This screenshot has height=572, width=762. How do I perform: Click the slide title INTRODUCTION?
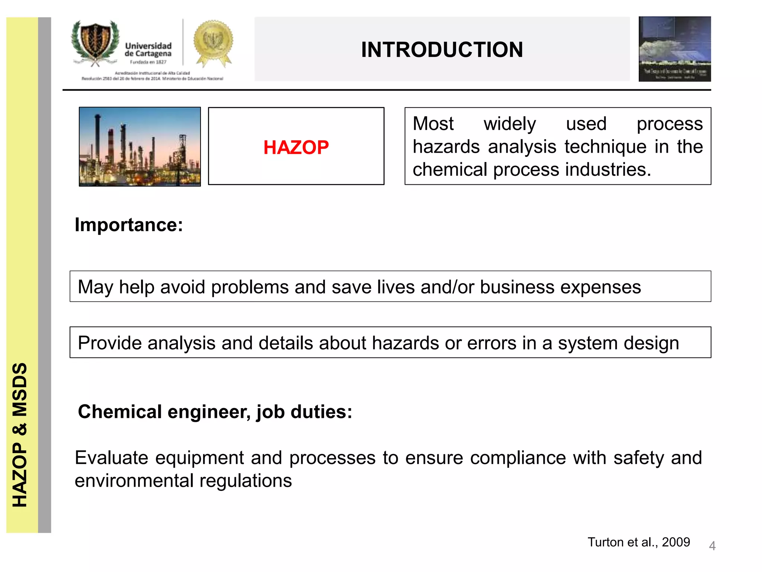442,50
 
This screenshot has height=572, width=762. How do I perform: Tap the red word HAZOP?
296,147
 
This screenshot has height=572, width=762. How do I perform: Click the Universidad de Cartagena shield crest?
96,42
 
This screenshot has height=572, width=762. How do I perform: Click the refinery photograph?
140,147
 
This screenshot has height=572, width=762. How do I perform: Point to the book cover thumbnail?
674,49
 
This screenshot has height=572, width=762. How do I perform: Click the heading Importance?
129,225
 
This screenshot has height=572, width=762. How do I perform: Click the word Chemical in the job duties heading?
120,412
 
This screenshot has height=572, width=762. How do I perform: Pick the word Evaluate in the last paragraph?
112,458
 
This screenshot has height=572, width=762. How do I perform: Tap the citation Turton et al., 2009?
638,542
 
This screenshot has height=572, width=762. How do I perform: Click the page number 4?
712,546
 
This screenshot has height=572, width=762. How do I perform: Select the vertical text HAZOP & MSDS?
20,435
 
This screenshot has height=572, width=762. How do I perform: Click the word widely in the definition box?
509,124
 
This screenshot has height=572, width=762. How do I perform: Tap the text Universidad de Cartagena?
148,50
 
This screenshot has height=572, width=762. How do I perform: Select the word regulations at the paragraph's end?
246,481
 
